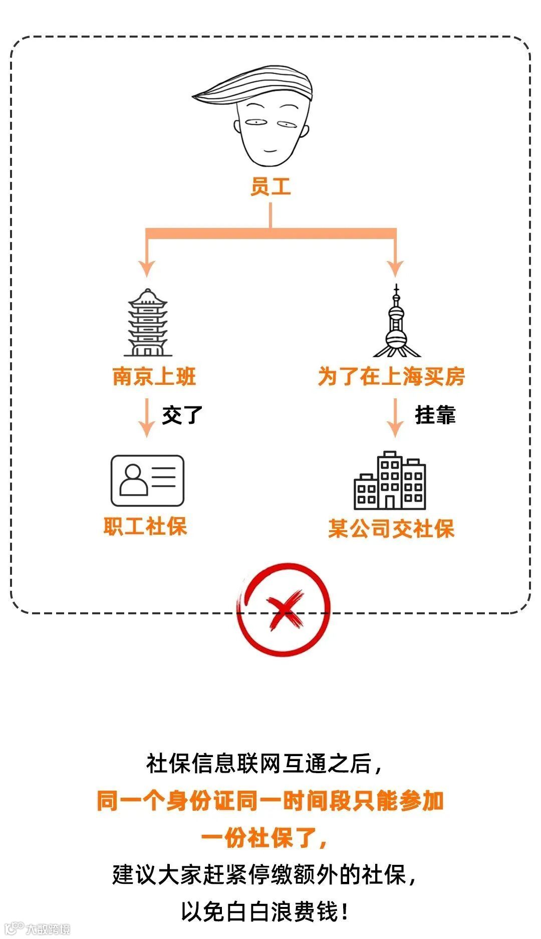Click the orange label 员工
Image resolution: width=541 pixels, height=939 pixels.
(270, 186)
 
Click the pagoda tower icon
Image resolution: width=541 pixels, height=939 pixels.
(148, 323)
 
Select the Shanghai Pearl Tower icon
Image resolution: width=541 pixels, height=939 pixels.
(396, 323)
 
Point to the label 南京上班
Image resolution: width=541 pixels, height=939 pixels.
(154, 377)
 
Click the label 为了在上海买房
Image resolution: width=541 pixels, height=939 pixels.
(391, 377)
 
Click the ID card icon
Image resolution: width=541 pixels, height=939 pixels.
(147, 481)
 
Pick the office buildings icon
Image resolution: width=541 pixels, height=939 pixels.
(390, 481)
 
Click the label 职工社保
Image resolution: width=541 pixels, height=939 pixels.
(145, 527)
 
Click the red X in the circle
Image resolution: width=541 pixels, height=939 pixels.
(284, 609)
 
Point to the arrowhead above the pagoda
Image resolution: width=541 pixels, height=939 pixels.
(146, 267)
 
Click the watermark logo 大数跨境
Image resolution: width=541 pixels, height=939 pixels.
(38, 928)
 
